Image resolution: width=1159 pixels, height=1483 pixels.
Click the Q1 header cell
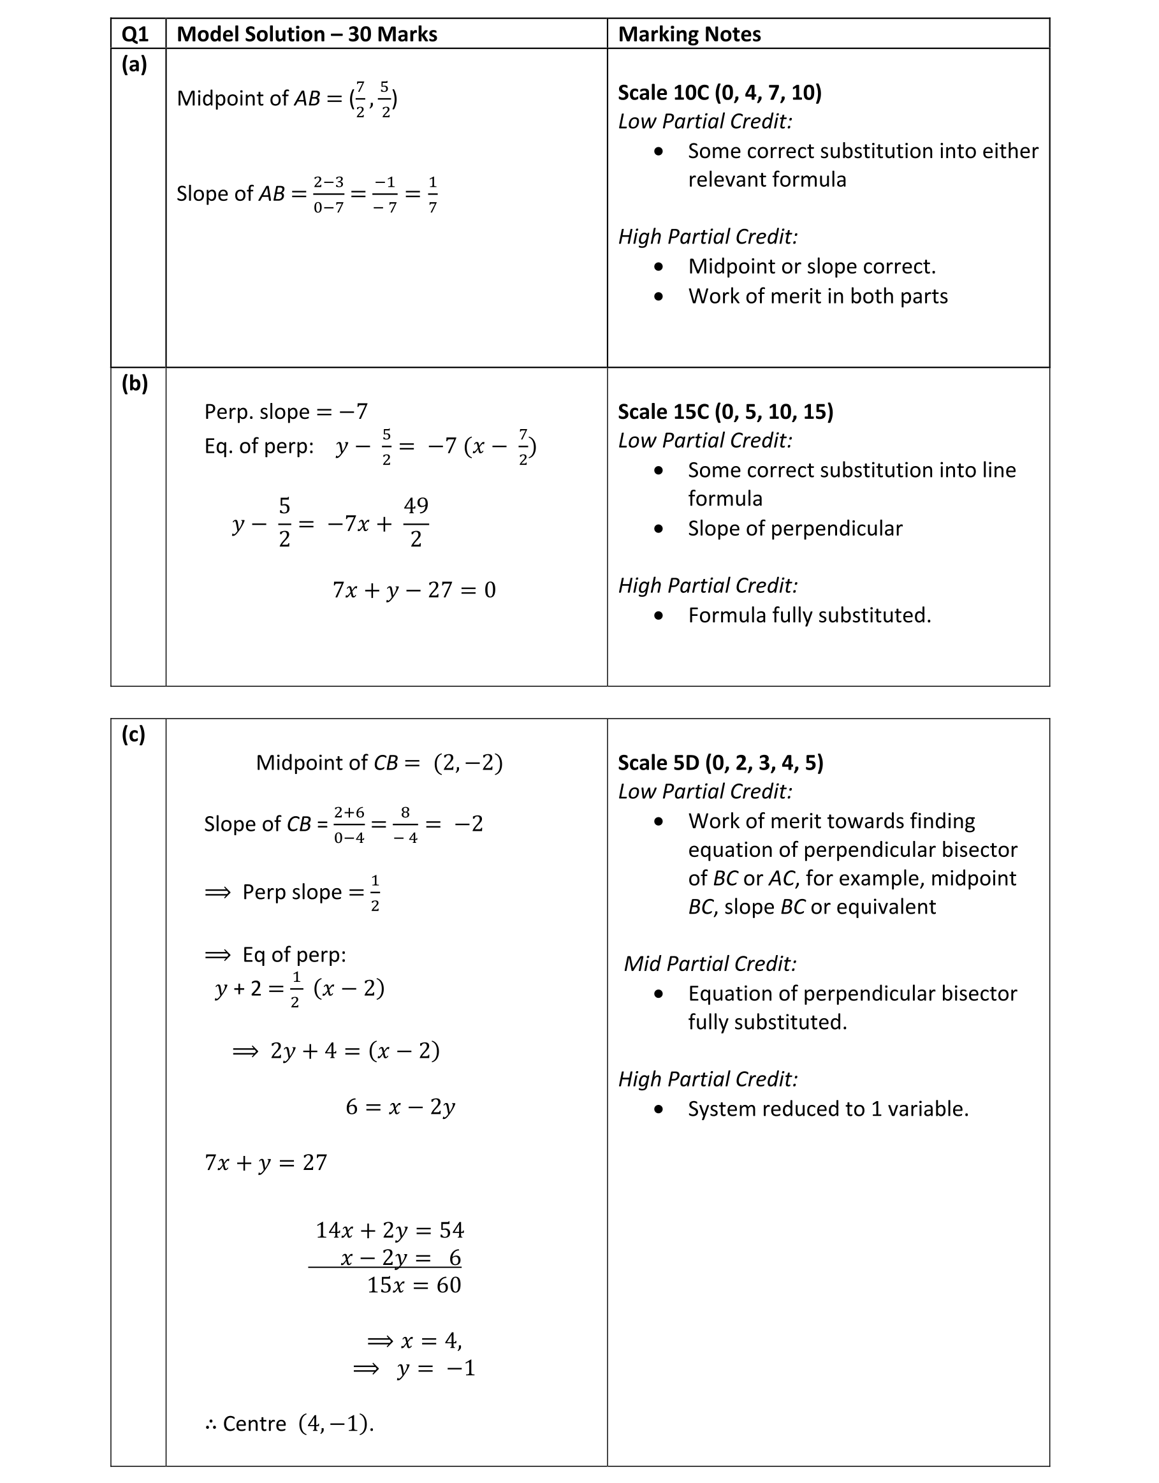point(135,34)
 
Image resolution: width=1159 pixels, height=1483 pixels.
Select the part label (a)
point(134,64)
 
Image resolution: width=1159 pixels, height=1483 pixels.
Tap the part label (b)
point(135,384)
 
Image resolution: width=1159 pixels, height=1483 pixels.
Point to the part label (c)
point(133,734)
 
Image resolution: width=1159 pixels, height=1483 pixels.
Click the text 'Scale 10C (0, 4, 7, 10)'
point(719,92)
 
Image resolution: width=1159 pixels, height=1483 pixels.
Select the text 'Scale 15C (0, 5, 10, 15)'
point(725,411)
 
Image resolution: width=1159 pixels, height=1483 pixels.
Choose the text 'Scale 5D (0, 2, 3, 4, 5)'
point(720,763)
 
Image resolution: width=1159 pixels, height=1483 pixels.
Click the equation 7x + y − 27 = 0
point(414,590)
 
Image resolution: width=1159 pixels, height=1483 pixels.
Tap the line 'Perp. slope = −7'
point(286,411)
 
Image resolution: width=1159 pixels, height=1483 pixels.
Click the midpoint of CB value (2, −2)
point(468,763)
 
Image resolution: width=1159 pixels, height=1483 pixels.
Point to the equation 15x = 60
point(414,1285)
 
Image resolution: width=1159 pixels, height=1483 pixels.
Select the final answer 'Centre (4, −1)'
point(290,1423)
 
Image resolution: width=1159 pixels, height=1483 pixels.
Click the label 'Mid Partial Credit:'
point(710,963)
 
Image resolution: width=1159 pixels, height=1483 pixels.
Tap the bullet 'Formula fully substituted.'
point(810,615)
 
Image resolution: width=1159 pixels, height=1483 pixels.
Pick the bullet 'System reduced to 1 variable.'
point(827,1109)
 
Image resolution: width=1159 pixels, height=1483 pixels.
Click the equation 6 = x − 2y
point(400,1107)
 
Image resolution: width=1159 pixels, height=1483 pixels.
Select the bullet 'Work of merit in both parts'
point(817,296)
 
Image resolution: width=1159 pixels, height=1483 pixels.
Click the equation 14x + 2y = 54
point(390,1231)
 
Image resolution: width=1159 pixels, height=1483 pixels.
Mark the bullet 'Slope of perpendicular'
point(794,529)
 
